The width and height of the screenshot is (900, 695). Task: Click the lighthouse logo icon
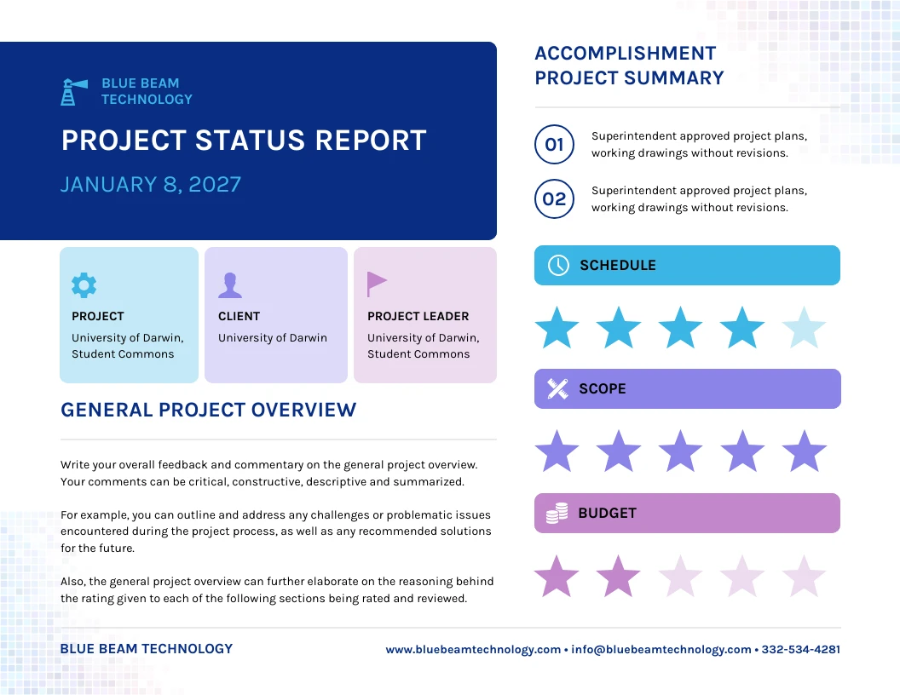(73, 91)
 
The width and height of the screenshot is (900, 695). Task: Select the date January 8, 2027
(151, 184)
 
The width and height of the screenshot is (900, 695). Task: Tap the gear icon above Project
(84, 285)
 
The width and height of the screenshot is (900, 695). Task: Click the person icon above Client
(230, 285)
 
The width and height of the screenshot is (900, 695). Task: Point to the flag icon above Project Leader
(376, 284)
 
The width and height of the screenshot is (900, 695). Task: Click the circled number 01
(554, 145)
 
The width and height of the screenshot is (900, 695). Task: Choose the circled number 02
(554, 199)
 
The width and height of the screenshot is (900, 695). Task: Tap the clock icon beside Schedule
(557, 265)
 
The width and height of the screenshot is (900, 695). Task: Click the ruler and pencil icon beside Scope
(557, 389)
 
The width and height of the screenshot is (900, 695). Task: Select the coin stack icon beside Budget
(557, 513)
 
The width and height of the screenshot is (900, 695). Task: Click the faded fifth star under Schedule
(804, 329)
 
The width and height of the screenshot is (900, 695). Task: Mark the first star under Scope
(557, 451)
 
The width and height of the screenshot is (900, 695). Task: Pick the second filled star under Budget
(618, 577)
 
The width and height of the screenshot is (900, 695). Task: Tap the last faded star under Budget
(804, 577)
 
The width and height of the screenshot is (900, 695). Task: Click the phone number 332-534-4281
(800, 649)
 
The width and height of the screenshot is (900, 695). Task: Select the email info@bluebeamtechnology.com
(661, 649)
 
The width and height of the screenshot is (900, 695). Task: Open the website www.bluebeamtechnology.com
(473, 649)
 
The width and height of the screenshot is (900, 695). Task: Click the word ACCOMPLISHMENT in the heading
(625, 53)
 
